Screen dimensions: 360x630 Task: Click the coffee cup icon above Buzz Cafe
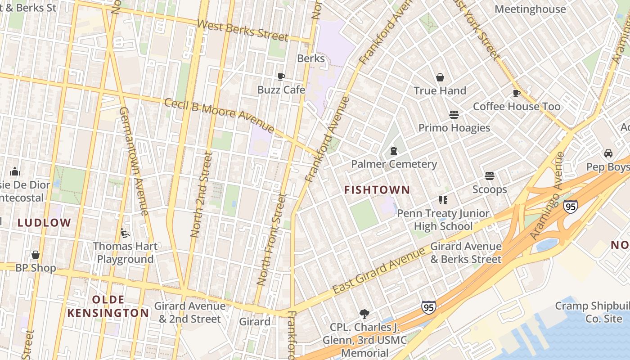click(281, 76)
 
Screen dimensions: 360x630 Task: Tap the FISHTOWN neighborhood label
click(377, 190)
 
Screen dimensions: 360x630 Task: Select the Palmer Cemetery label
click(394, 164)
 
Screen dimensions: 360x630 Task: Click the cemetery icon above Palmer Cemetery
click(394, 151)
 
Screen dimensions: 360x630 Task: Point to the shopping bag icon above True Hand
click(440, 77)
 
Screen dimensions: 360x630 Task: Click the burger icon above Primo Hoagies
click(454, 115)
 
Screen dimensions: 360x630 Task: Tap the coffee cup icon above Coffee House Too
click(516, 93)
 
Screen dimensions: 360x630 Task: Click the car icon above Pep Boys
click(608, 153)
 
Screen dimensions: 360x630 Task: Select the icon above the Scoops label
click(490, 176)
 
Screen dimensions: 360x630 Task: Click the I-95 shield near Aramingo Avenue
click(570, 207)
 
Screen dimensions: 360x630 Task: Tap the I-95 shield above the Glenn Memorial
click(428, 307)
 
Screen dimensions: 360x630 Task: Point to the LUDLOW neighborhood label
click(44, 222)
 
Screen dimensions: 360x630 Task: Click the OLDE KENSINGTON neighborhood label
click(108, 306)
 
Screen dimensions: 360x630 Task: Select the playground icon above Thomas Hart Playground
click(125, 233)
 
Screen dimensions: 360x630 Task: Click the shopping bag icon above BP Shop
click(36, 255)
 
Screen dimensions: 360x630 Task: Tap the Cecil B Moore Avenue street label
click(219, 116)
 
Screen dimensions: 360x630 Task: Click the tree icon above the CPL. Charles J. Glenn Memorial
click(364, 314)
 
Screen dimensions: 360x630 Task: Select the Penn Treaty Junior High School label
click(443, 220)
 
